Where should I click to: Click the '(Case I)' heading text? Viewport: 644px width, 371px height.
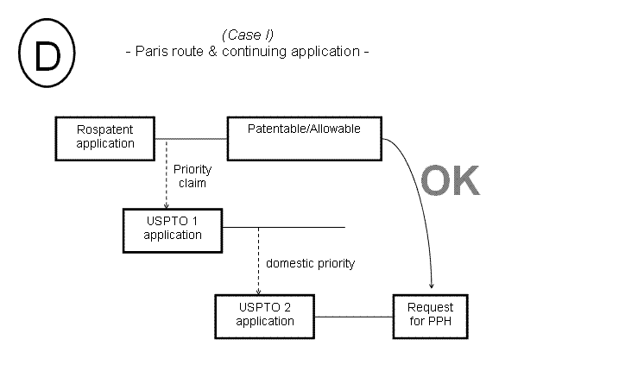click(x=247, y=35)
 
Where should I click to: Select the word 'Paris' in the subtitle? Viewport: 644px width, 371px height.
click(x=152, y=51)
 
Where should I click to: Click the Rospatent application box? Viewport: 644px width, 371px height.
click(x=105, y=137)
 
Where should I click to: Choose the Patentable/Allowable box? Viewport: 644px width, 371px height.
click(x=303, y=138)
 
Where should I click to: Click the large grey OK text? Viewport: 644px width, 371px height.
click(x=449, y=181)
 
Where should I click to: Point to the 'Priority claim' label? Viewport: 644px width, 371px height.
click(x=192, y=177)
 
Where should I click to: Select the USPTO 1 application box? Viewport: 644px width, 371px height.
click(x=173, y=228)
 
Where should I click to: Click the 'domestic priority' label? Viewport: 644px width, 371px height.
click(x=310, y=263)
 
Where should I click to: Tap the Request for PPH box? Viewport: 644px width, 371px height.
click(x=430, y=315)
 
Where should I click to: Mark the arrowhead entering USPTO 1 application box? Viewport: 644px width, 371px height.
click(x=166, y=204)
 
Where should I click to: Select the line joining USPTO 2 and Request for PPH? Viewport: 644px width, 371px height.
click(x=353, y=316)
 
